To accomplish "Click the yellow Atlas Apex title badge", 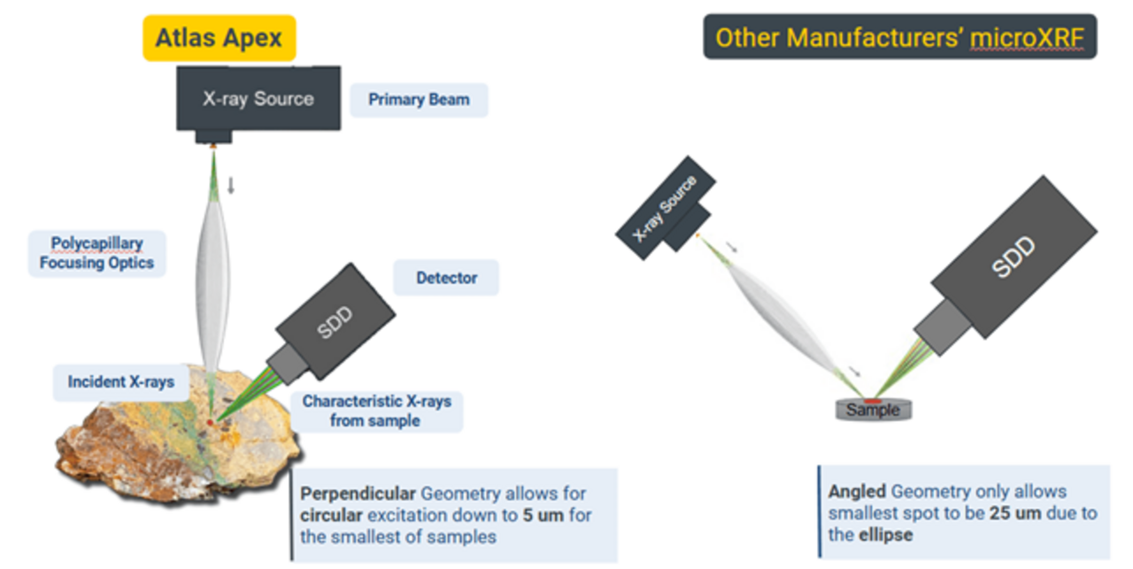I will click(x=219, y=38).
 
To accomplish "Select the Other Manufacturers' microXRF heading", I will click(x=899, y=38).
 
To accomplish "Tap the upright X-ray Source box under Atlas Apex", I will click(x=258, y=98).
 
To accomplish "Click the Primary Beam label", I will click(x=419, y=99).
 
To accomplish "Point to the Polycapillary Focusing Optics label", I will click(x=96, y=252).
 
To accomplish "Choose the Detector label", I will click(x=446, y=278).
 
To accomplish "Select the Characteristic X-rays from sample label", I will click(x=376, y=411).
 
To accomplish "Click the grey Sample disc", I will click(x=873, y=410).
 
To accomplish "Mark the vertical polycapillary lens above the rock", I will click(x=212, y=265).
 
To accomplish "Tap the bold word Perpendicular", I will click(x=358, y=494).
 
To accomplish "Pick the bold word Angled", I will click(x=857, y=491).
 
